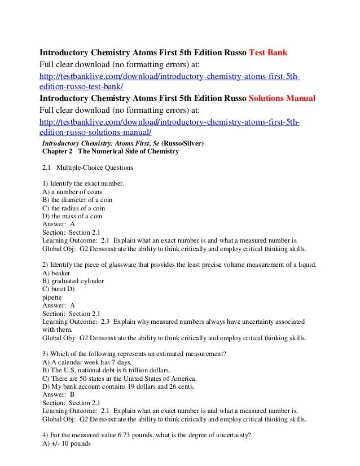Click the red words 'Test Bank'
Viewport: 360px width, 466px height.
click(268, 54)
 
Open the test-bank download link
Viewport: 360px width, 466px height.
click(169, 81)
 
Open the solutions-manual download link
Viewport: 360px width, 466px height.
click(169, 126)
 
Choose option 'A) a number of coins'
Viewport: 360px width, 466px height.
click(72, 192)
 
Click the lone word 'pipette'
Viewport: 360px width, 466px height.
click(52, 297)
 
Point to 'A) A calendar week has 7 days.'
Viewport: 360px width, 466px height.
click(87, 362)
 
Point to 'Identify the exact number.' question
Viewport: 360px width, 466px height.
click(82, 184)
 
